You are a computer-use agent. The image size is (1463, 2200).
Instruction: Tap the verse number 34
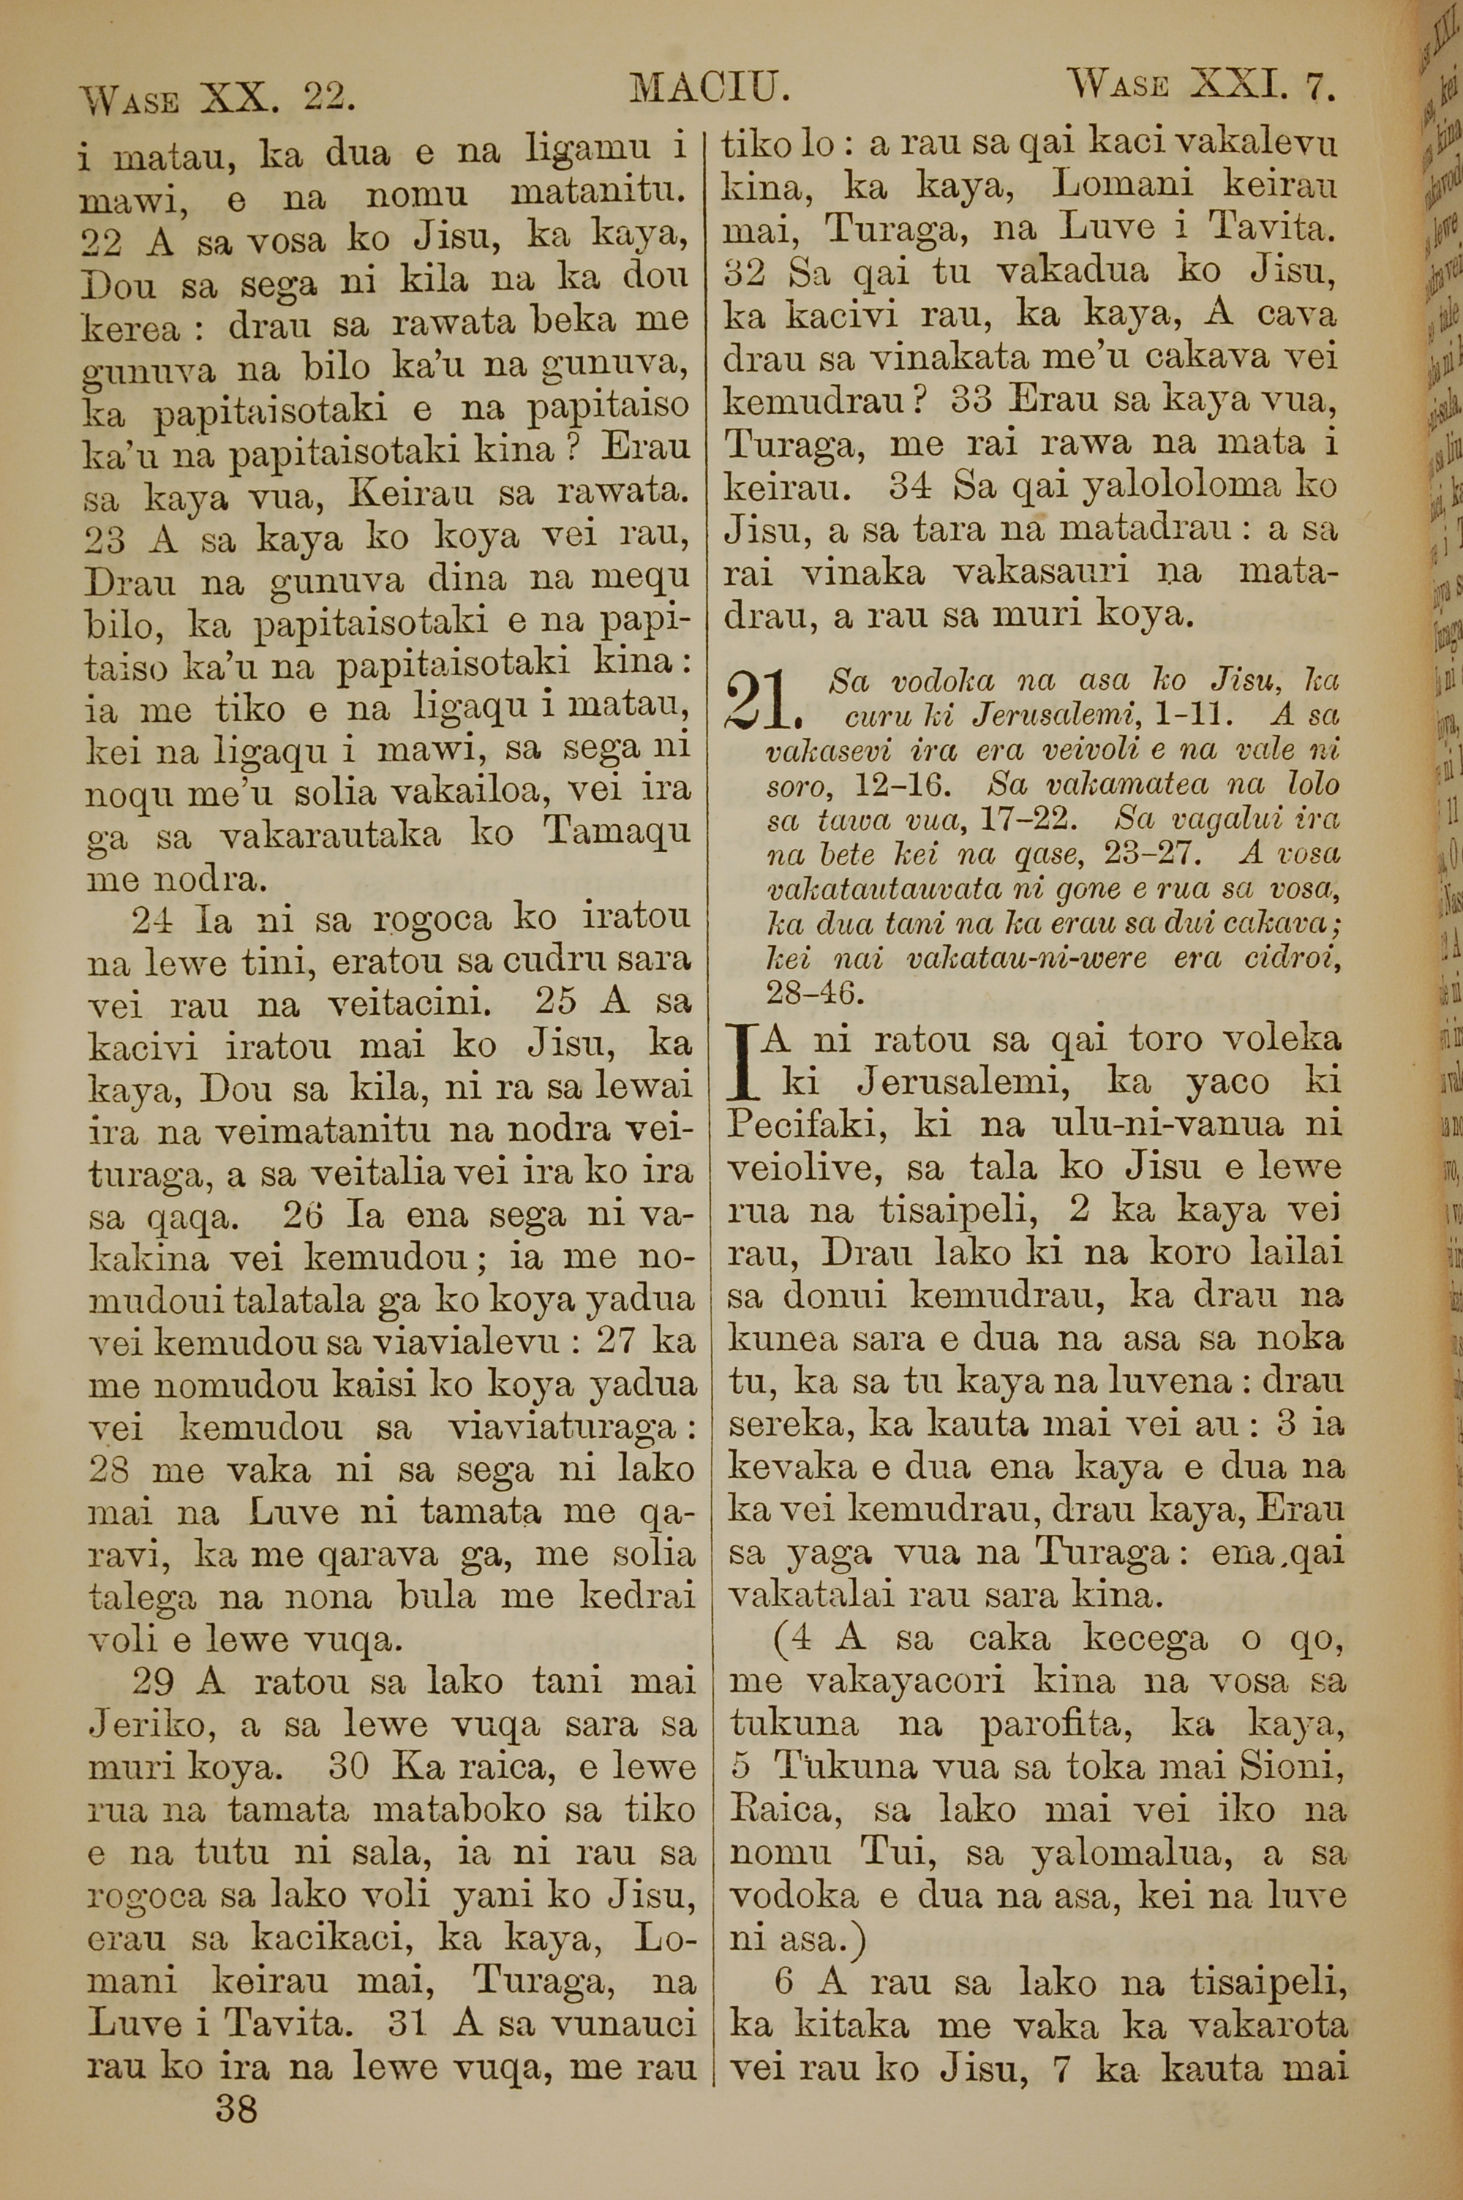pyautogui.click(x=911, y=486)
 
